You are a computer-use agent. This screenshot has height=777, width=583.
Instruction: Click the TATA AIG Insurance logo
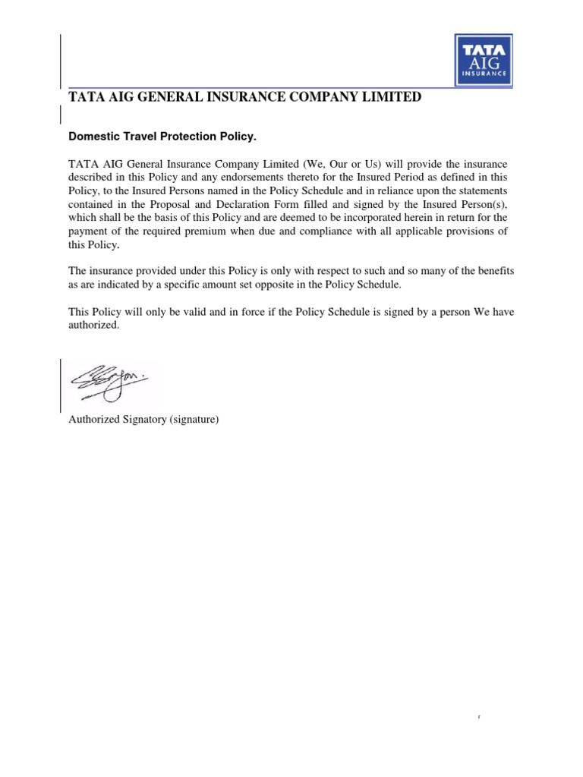tap(482, 60)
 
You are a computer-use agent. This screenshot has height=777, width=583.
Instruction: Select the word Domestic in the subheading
tap(93, 137)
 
